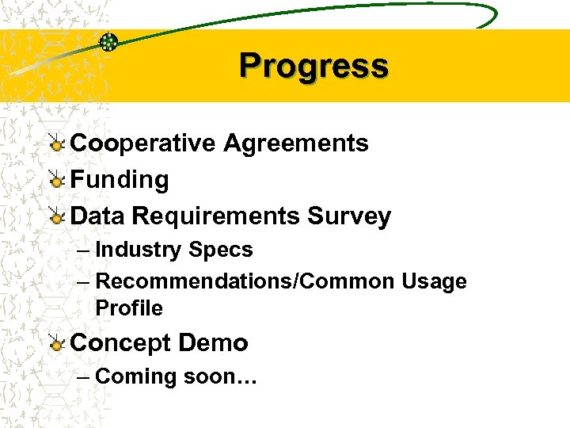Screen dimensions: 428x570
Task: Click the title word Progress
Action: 313,66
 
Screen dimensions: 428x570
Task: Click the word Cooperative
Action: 143,143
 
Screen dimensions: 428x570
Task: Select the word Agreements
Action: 296,143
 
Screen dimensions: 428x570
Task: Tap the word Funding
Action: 120,180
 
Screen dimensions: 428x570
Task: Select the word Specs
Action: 221,250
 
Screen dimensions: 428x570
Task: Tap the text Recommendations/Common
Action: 245,281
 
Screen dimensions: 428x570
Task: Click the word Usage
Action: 435,281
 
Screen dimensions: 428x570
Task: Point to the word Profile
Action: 129,308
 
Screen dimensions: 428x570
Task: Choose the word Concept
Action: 121,343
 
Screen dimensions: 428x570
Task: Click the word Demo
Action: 214,343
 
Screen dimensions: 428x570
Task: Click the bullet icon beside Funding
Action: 56,181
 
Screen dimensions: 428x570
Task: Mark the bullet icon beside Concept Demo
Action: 56,344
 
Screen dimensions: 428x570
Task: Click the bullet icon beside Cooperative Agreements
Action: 56,144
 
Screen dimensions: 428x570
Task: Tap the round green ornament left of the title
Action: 108,42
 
